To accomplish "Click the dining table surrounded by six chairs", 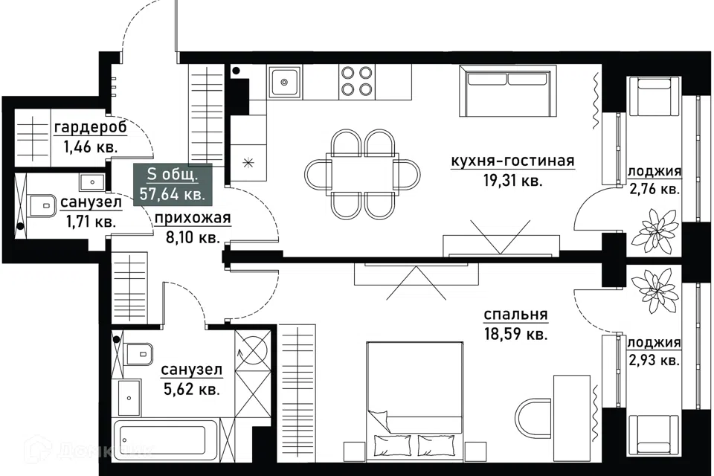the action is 362,173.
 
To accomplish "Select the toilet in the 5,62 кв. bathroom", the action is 139,353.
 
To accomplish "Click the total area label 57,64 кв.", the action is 173,194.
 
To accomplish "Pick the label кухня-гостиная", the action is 512,161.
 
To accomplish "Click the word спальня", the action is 515,315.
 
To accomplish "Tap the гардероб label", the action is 90,128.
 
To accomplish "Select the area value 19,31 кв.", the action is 512,181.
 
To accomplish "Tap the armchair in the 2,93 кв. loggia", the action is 654,434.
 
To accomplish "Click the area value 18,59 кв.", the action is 515,335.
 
